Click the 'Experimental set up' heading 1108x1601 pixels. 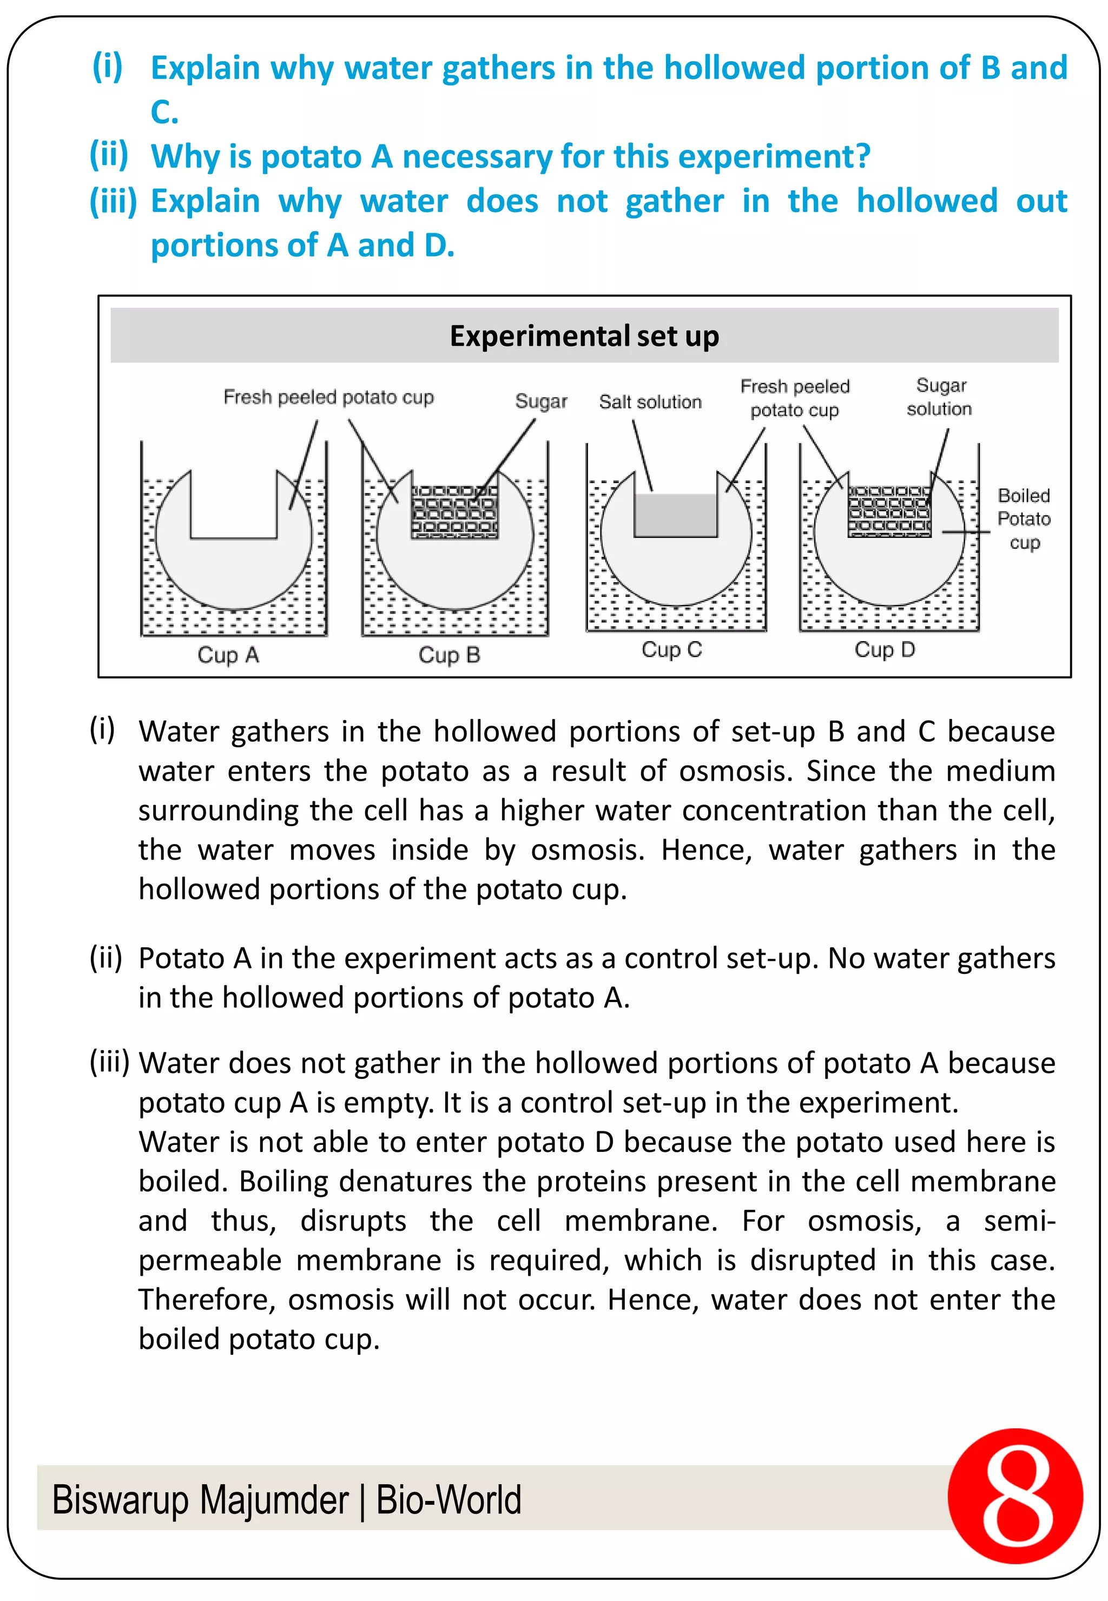[584, 336]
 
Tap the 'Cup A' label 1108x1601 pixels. [228, 655]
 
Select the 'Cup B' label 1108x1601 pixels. [449, 655]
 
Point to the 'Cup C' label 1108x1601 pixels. [671, 649]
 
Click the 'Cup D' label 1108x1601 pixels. [885, 649]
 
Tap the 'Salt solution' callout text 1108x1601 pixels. [650, 402]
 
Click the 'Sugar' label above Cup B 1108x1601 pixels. [541, 401]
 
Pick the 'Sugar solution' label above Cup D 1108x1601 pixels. [939, 397]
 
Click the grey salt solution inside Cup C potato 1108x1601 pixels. [676, 515]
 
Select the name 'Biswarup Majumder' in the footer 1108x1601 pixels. [200, 1500]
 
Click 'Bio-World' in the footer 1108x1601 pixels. [449, 1500]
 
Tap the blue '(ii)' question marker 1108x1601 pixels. [109, 154]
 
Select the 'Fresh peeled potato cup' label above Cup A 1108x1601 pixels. [328, 397]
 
